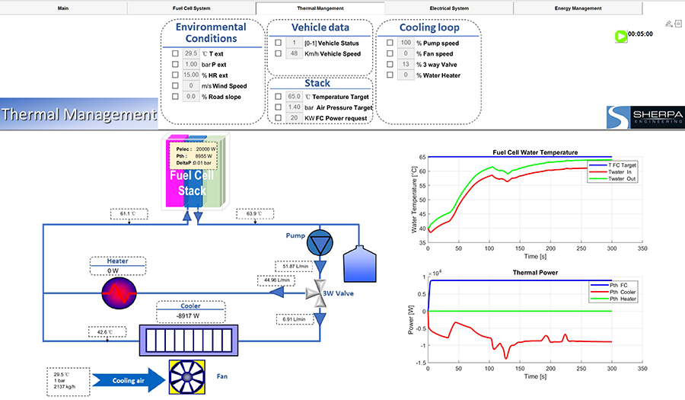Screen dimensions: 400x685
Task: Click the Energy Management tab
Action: tap(578, 8)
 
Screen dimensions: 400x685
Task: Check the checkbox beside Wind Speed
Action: tap(175, 86)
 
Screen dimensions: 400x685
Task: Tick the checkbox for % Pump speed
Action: tap(390, 43)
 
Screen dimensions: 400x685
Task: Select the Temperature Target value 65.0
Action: tap(294, 97)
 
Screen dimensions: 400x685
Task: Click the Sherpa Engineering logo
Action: tap(645, 117)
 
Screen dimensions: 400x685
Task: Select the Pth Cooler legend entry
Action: tap(616, 291)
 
